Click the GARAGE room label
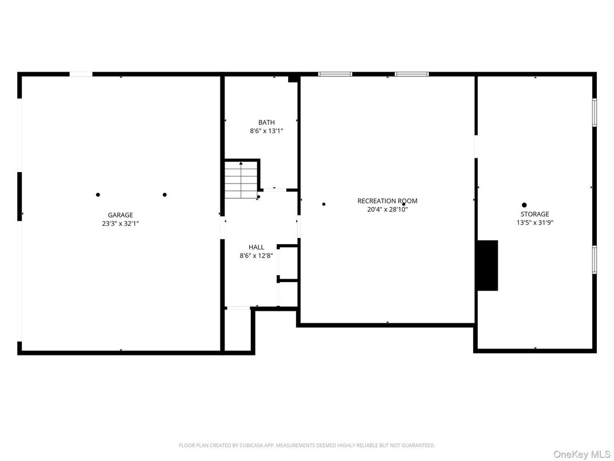click(x=120, y=215)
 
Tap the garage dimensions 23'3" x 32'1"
click(x=120, y=224)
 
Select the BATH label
click(x=266, y=123)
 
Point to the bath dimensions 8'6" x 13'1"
click(x=266, y=131)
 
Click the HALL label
click(x=256, y=247)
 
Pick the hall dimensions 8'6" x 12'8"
click(x=256, y=256)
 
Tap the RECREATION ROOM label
click(x=387, y=201)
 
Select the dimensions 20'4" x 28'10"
click(x=387, y=210)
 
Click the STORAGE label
click(x=534, y=214)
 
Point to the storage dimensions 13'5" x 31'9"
click(x=534, y=223)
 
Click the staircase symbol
click(x=241, y=179)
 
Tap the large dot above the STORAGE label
click(x=524, y=205)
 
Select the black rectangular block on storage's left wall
click(x=487, y=265)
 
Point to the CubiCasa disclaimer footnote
click(x=306, y=446)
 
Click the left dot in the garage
click(x=98, y=195)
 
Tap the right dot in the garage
click(x=164, y=195)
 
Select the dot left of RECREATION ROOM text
click(x=324, y=204)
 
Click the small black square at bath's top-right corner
click(x=293, y=79)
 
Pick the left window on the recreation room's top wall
click(x=335, y=74)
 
